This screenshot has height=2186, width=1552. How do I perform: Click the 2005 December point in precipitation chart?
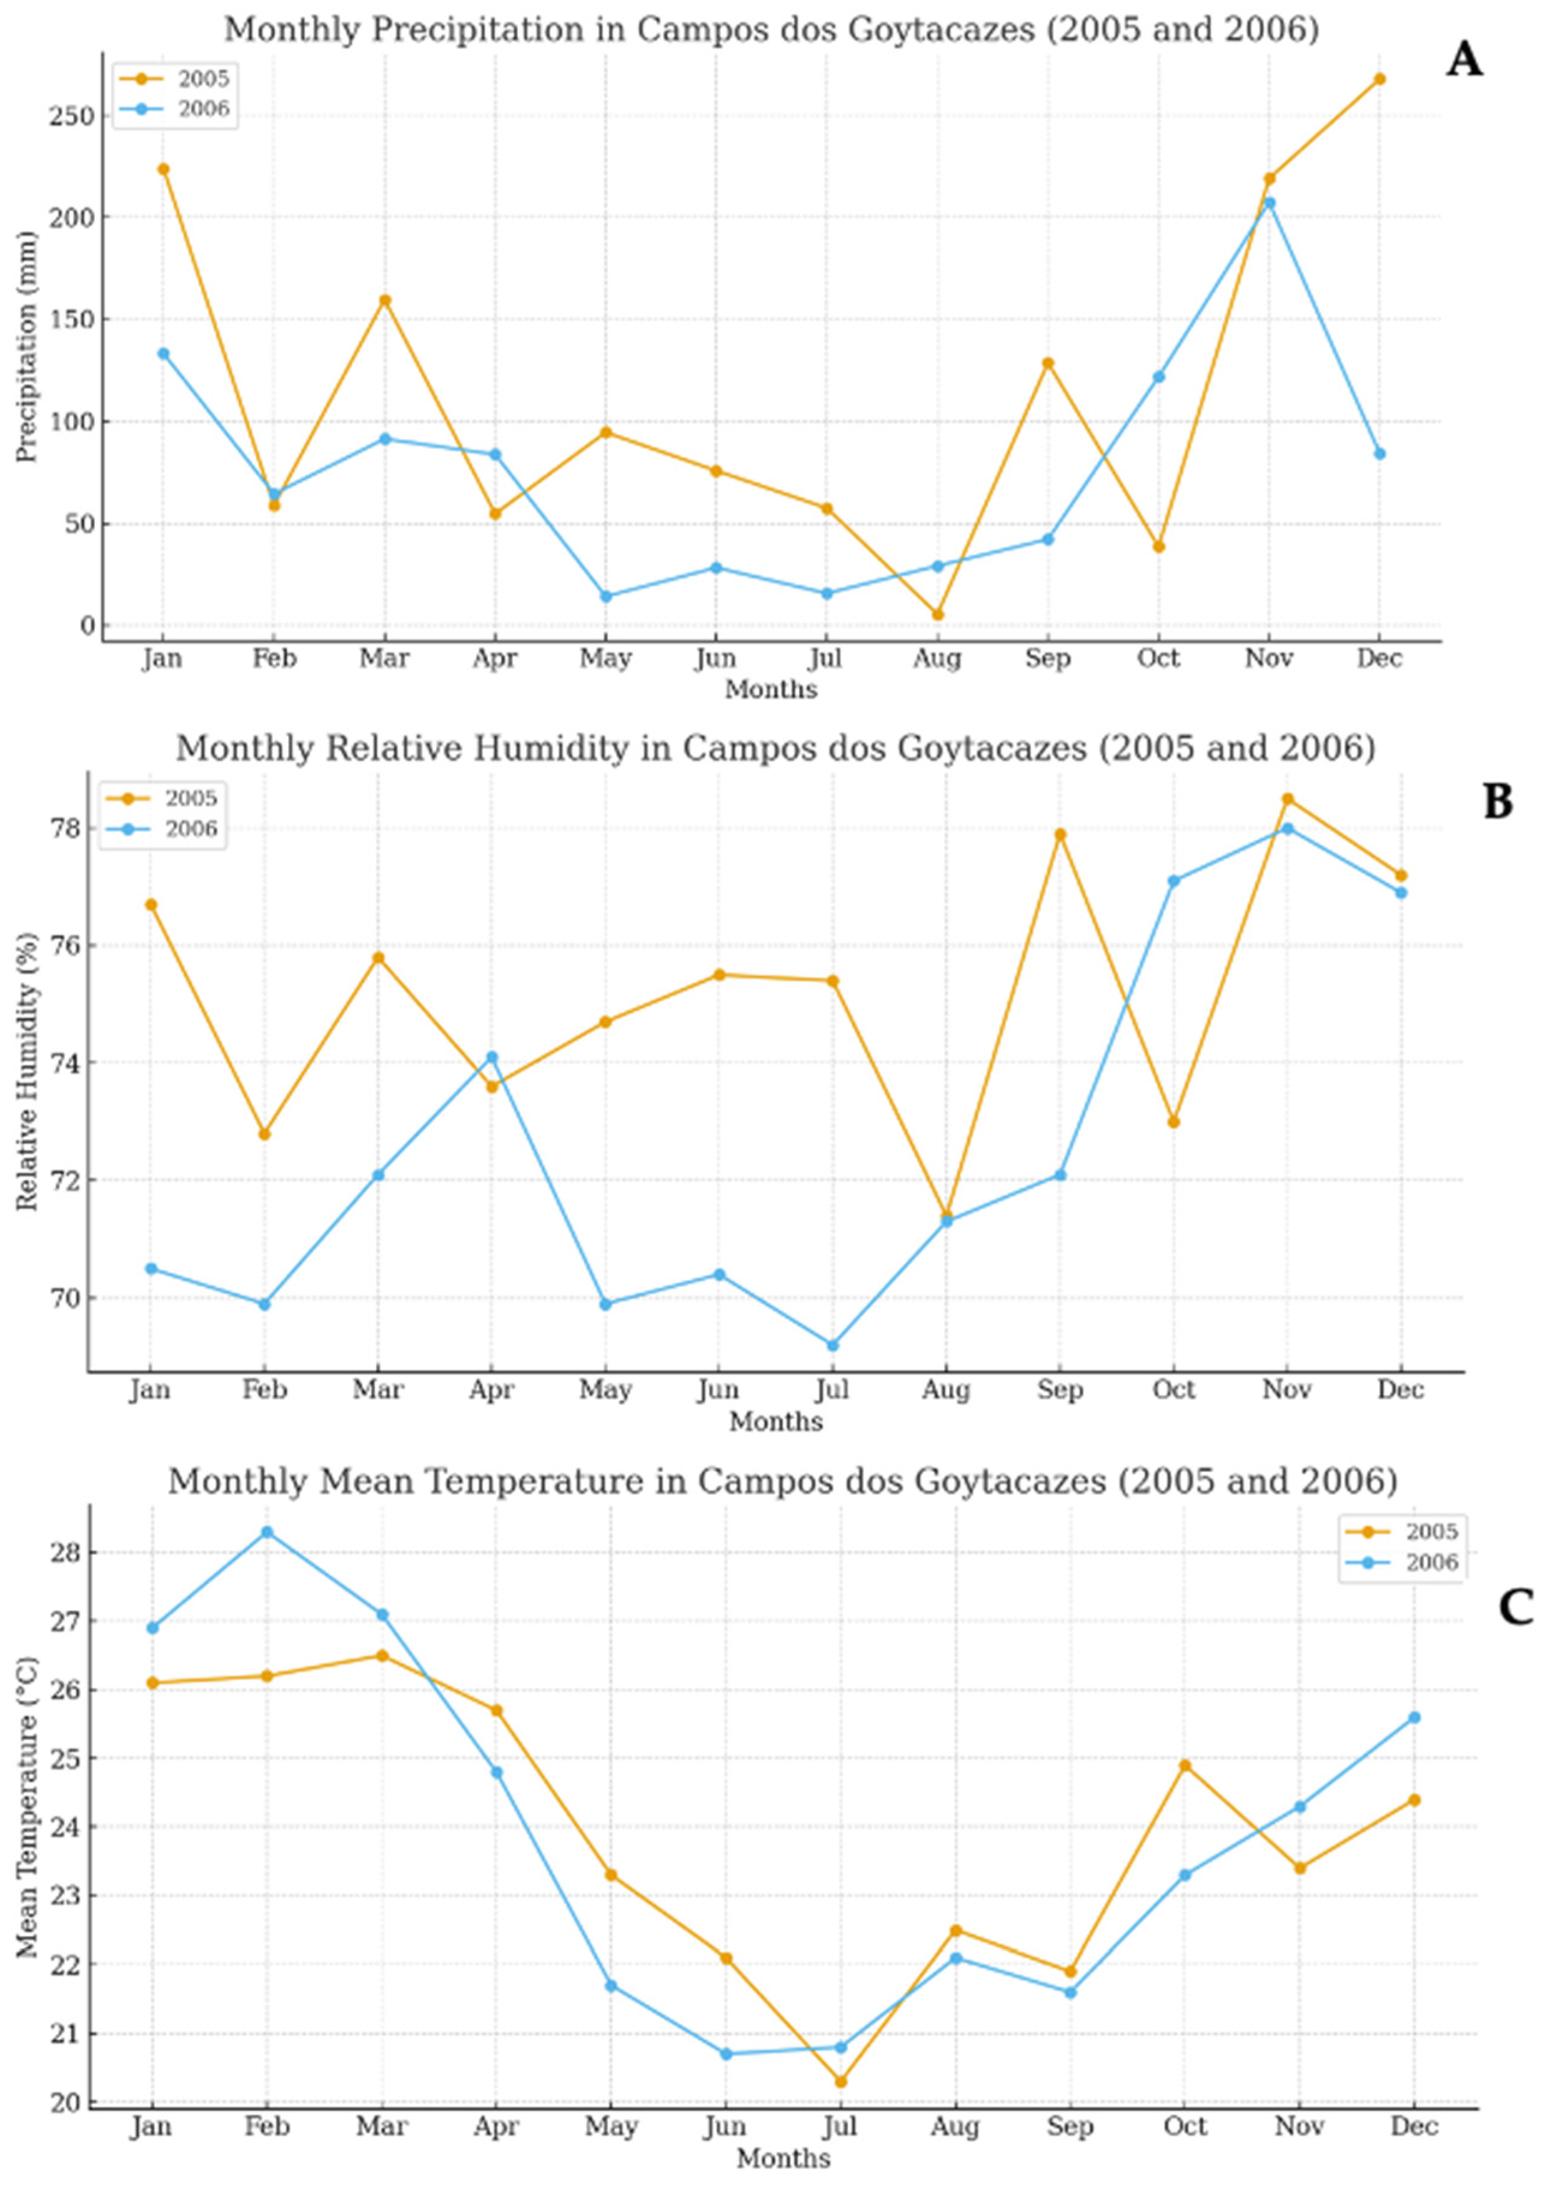(x=1379, y=79)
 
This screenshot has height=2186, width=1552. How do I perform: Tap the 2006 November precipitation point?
(x=1269, y=202)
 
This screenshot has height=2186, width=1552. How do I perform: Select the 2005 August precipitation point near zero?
(x=938, y=614)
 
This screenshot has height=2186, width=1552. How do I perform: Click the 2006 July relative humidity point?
(x=832, y=1345)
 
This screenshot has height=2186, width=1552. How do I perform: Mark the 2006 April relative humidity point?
(x=491, y=1057)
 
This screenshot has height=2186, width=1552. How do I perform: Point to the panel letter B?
(x=1497, y=802)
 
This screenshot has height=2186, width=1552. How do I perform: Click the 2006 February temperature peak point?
(x=267, y=1533)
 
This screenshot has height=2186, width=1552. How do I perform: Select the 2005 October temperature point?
(x=1185, y=1766)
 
